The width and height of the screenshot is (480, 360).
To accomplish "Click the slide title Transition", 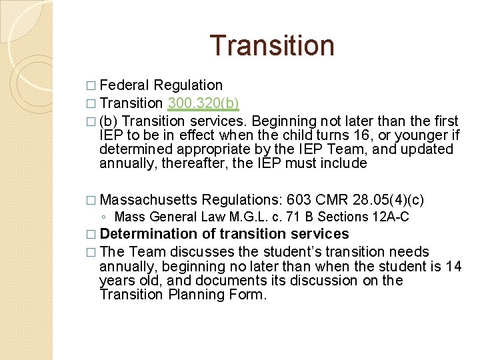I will (272, 45).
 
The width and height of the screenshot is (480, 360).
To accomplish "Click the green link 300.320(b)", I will (204, 103).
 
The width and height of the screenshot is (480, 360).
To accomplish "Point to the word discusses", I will (200, 252).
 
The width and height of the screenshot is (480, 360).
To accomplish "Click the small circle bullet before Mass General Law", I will (107, 217).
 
